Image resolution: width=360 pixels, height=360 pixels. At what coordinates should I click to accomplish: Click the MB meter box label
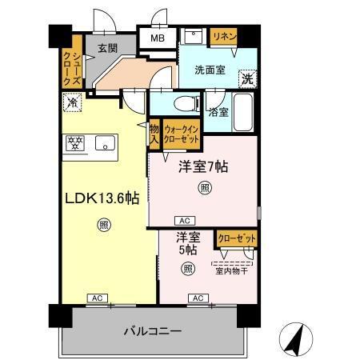tap(158, 38)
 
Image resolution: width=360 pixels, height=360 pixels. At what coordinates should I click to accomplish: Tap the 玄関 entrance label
tap(107, 48)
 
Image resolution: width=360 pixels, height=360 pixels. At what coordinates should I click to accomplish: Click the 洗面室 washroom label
tap(210, 70)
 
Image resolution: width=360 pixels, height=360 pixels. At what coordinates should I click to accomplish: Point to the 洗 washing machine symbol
tap(248, 78)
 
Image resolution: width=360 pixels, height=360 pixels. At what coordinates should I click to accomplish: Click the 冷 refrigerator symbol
tap(72, 102)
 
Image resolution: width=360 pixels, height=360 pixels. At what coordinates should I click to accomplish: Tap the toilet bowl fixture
tap(186, 104)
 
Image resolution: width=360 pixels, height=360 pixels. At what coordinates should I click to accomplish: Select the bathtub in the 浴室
tap(242, 112)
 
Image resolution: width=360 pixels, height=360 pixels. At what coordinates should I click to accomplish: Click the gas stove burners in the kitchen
tap(75, 143)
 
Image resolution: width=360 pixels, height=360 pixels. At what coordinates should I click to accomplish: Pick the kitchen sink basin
tap(106, 143)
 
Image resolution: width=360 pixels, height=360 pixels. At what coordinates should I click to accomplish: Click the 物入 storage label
tap(154, 134)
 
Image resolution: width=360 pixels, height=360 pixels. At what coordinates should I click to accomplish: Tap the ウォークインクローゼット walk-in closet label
tap(182, 134)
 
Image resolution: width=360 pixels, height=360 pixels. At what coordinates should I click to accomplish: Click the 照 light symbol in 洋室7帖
tap(205, 188)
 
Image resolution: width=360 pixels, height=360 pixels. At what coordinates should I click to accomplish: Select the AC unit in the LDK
tap(98, 298)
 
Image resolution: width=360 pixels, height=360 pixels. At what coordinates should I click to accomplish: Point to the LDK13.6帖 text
tap(102, 198)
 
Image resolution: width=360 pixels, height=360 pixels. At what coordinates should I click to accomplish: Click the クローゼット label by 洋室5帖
tap(237, 238)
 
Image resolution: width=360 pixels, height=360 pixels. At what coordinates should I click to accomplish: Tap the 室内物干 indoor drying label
tap(231, 271)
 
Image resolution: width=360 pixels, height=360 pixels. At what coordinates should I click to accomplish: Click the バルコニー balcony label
tap(153, 331)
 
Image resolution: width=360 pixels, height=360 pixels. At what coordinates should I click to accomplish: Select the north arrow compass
tap(296, 339)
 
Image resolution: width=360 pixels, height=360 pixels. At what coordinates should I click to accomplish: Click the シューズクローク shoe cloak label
tap(72, 69)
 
